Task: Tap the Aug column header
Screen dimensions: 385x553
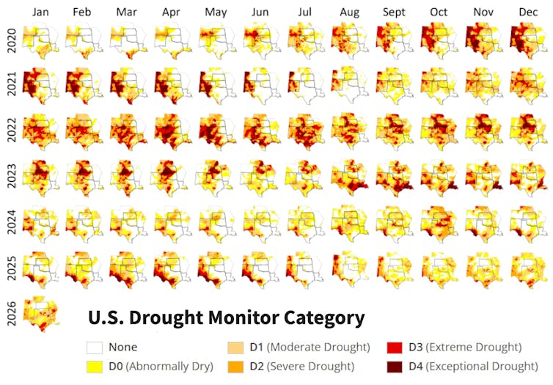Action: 350,12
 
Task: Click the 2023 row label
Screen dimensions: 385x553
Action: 10,176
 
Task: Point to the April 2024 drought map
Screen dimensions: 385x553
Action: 172,222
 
